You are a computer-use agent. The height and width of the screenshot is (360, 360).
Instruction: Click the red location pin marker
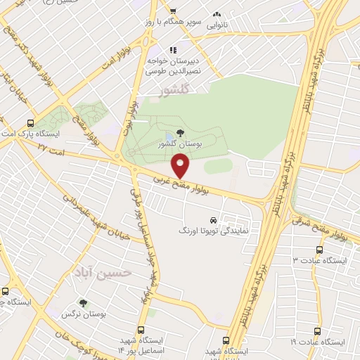click(x=181, y=167)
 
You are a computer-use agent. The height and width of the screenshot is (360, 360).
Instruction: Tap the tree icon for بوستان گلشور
click(x=181, y=132)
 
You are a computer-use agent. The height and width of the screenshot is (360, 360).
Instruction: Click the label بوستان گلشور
click(x=181, y=143)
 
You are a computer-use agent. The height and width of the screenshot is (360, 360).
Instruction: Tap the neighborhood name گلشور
click(x=175, y=91)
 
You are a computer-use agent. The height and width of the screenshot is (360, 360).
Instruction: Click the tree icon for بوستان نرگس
click(x=84, y=304)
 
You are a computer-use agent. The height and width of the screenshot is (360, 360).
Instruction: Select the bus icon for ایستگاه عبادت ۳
click(x=321, y=250)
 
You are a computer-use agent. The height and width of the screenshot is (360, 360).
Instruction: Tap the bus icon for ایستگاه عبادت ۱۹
click(x=316, y=331)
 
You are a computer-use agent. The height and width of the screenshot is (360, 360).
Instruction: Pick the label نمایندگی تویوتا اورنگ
click(x=216, y=230)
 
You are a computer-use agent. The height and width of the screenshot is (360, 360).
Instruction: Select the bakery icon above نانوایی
click(x=217, y=13)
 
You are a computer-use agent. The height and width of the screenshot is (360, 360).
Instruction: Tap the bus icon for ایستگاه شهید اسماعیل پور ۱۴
click(x=141, y=330)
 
